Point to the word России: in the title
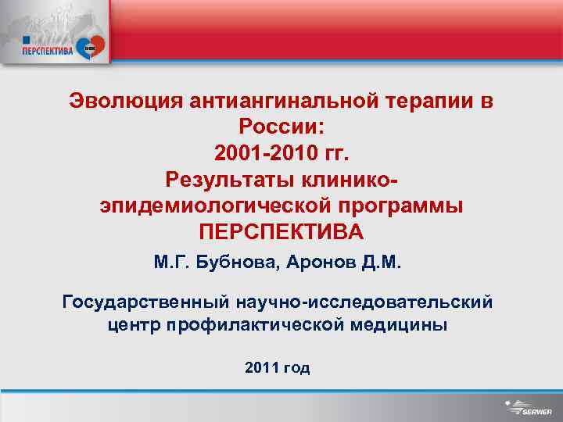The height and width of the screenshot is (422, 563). (x=281, y=127)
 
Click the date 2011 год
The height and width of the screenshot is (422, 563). (x=277, y=367)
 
